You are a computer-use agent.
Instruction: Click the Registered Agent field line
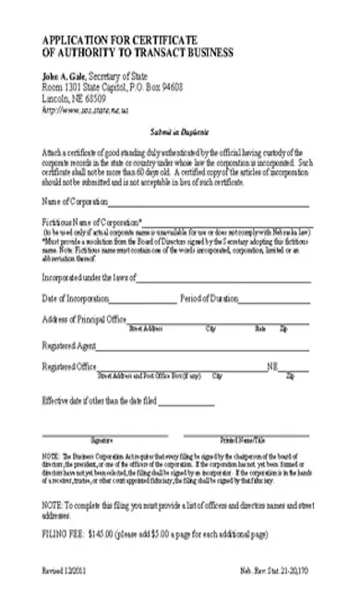(x=198, y=348)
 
